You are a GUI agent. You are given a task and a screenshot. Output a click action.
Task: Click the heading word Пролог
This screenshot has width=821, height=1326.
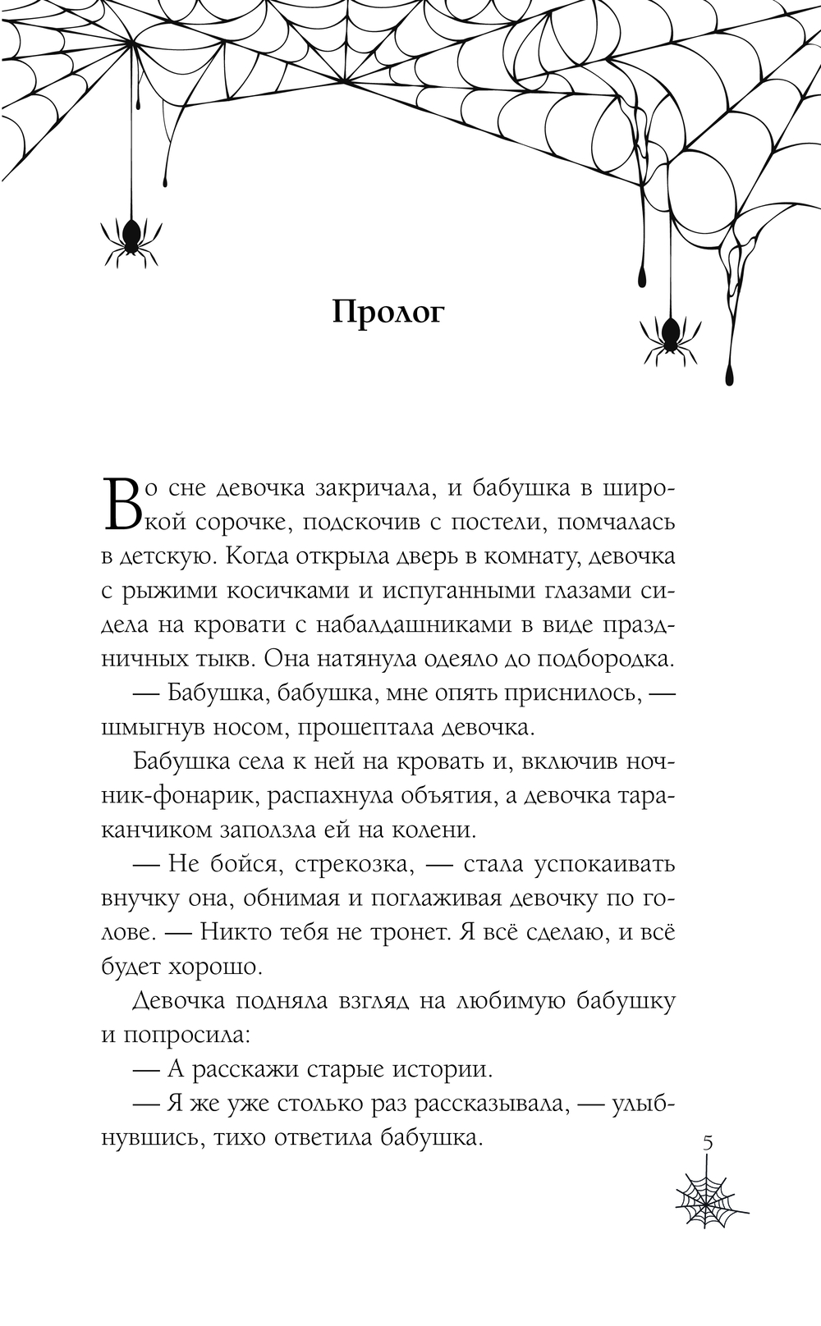click(x=388, y=313)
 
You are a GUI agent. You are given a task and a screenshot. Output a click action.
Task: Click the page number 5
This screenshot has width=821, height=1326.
click(x=709, y=1143)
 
